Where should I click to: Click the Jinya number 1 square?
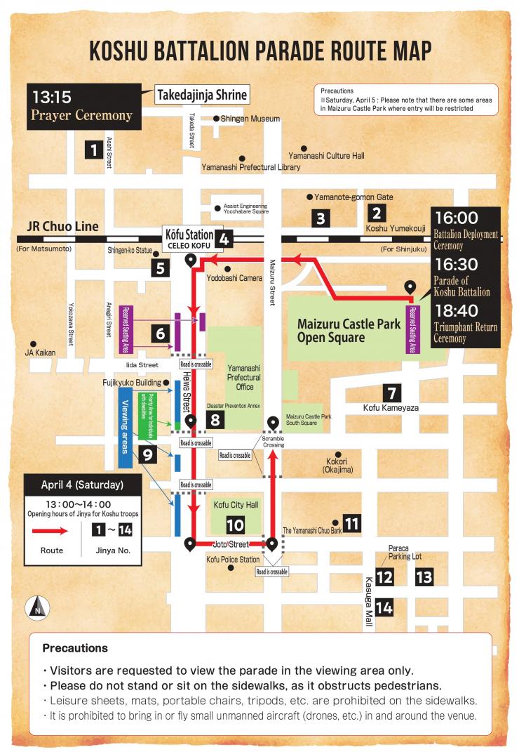[92, 149]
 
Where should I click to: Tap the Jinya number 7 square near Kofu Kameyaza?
[391, 393]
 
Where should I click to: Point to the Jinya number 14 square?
[384, 606]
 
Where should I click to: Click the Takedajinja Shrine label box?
[202, 95]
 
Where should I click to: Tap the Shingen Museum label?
[250, 119]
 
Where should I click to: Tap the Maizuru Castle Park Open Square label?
[349, 331]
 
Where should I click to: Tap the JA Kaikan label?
[40, 352]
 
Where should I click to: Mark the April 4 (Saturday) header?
[82, 484]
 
